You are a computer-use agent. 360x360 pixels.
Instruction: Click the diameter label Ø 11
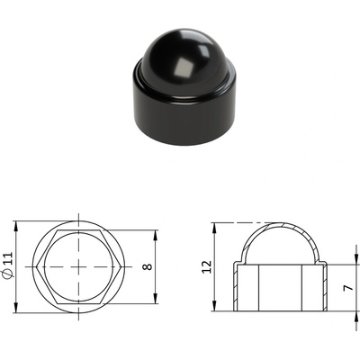pos(9,266)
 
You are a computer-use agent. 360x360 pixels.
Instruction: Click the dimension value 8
pos(148,266)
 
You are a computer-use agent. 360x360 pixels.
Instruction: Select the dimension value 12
pos(207,266)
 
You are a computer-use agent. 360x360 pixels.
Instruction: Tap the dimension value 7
pos(348,288)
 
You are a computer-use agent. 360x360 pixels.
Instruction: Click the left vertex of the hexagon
pos(37,267)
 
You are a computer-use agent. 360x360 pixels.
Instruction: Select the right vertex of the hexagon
pos(121,267)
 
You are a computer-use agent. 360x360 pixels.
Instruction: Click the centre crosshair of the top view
pos(78,267)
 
